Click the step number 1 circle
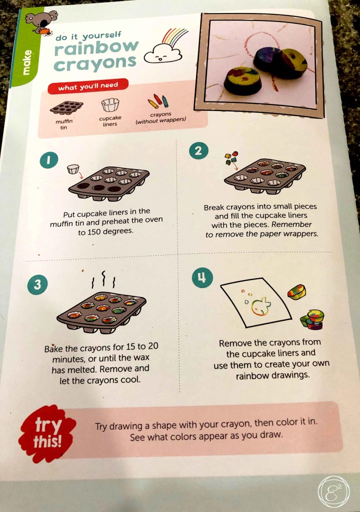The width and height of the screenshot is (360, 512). click(x=49, y=160)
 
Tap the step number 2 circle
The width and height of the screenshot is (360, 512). click(x=198, y=151)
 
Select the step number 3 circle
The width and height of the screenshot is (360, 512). click(x=37, y=284)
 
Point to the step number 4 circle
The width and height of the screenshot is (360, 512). click(x=202, y=278)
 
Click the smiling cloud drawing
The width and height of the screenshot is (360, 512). click(x=162, y=54)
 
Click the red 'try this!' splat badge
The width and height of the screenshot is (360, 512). click(x=47, y=433)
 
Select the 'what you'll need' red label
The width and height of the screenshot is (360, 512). click(x=88, y=86)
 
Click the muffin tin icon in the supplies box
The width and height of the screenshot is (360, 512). click(x=66, y=108)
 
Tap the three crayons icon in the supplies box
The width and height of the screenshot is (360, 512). click(x=158, y=101)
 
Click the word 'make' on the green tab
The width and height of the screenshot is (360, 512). click(x=28, y=62)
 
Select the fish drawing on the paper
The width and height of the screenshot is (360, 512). click(x=260, y=306)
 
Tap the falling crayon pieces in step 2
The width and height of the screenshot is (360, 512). click(x=231, y=158)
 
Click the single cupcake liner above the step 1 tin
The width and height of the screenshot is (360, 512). click(x=73, y=169)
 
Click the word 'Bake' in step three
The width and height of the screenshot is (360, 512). click(x=53, y=348)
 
